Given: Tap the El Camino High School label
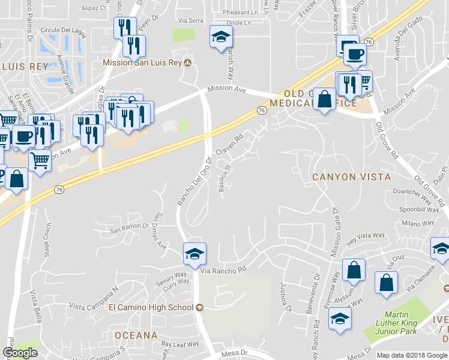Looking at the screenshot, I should click(151, 307).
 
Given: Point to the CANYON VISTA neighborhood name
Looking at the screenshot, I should click(351, 177).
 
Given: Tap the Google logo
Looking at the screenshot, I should click(20, 353).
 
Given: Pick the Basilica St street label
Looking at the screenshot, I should click(226, 179).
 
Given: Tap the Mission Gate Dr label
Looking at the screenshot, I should click(335, 233).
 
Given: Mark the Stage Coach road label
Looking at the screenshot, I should click(47, 240).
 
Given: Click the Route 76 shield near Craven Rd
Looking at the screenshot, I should click(262, 110).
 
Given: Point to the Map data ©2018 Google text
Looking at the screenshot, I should click(412, 355).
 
